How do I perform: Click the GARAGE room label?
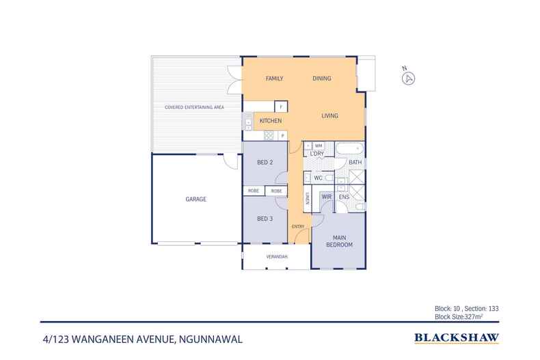[195, 199]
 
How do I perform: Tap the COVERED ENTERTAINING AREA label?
[194, 108]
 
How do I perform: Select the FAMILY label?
[274, 79]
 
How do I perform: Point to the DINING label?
[322, 79]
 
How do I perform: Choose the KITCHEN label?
[271, 121]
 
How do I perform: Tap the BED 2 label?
[265, 163]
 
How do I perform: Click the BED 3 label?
[265, 219]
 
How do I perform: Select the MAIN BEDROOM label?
[338, 241]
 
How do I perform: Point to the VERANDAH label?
[276, 257]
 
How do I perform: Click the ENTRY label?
[297, 226]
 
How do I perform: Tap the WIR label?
[326, 197]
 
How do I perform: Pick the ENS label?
[344, 197]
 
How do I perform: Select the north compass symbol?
[408, 77]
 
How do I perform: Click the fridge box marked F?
[280, 107]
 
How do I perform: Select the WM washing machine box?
[319, 146]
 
